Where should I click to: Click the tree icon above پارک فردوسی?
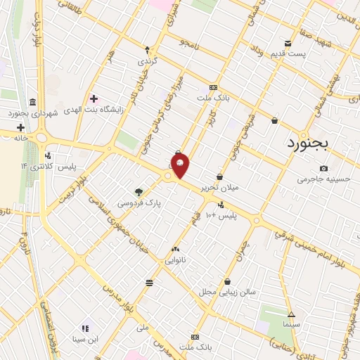coord(139,191)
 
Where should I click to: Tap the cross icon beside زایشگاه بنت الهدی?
coord(94,98)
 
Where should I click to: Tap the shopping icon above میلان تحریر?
coord(220,176)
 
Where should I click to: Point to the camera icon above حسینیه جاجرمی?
coord(323,168)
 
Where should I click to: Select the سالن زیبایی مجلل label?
coord(226,291)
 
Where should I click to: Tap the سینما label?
coord(291,326)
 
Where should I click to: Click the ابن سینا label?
coord(84,339)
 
